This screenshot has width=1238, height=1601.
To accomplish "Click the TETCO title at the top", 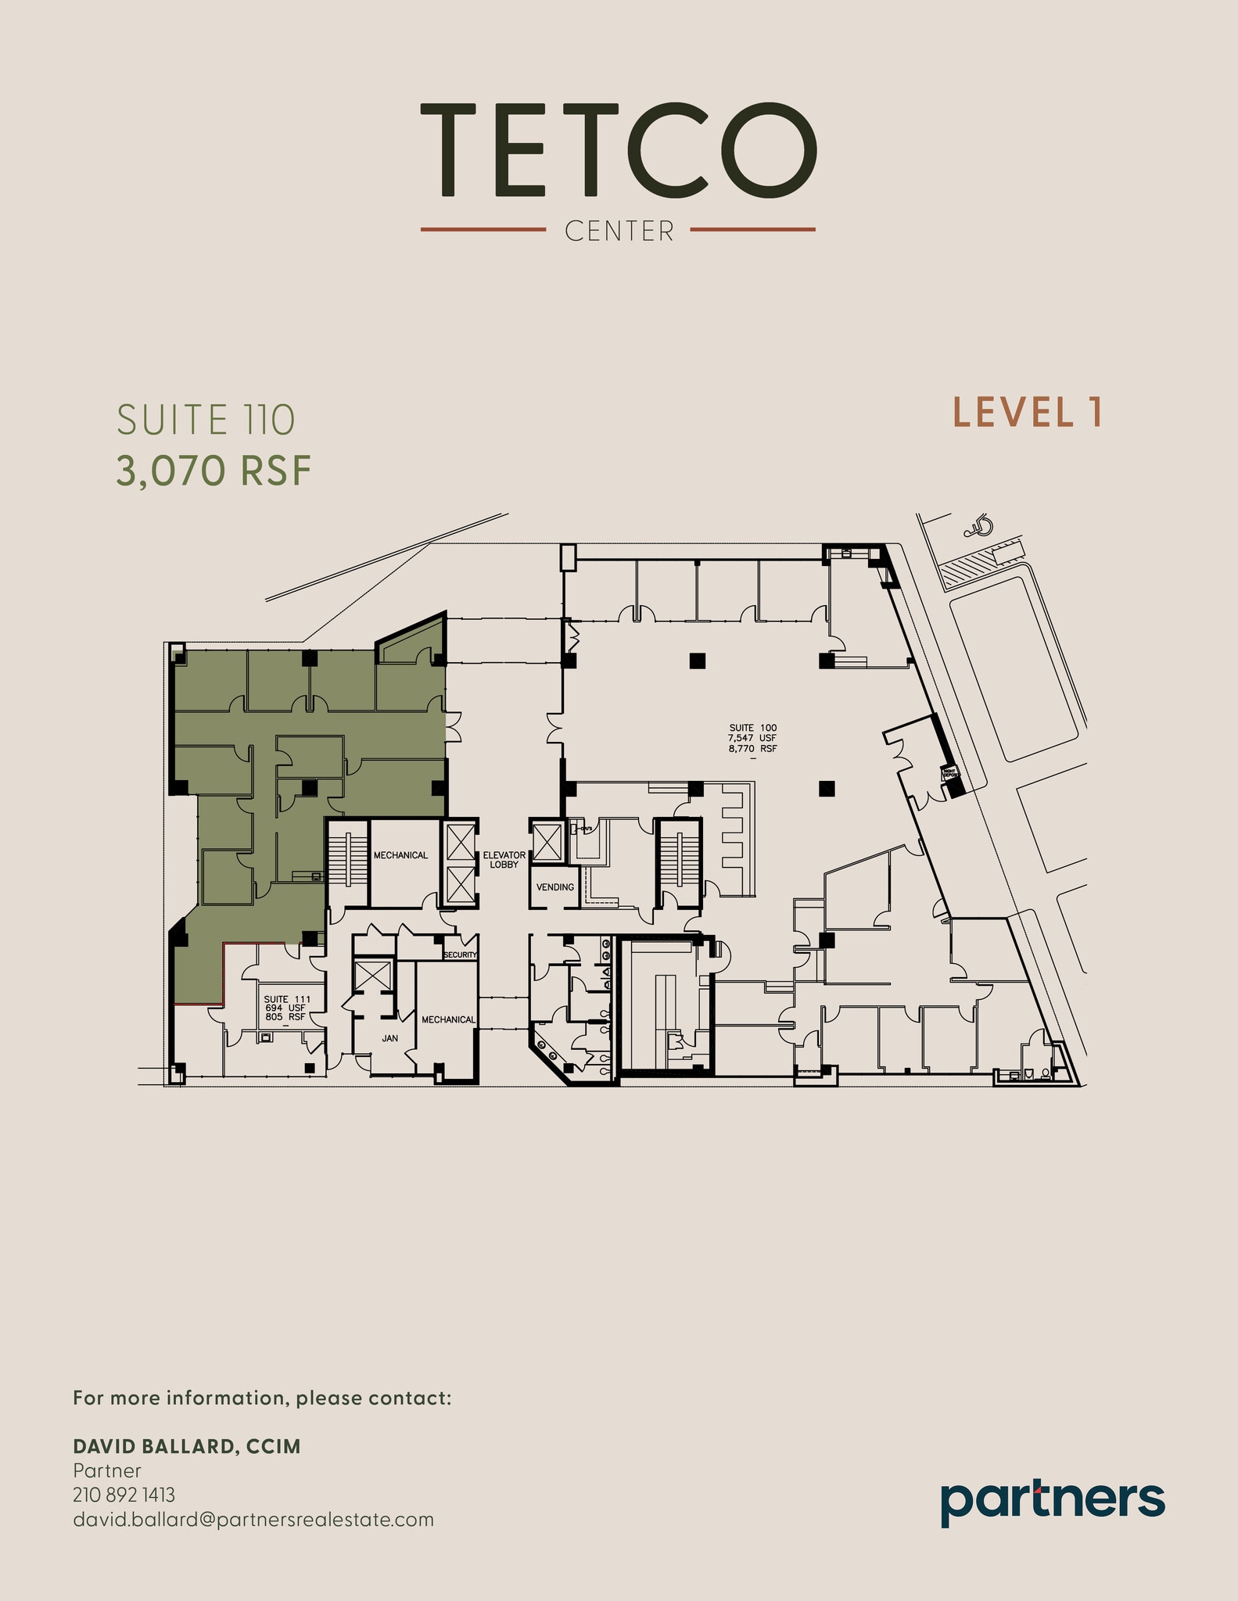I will click(x=618, y=149).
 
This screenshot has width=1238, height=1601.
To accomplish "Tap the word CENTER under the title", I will click(x=619, y=231).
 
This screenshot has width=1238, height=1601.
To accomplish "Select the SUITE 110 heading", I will click(x=206, y=421).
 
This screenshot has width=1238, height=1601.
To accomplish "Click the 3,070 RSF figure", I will click(x=214, y=471).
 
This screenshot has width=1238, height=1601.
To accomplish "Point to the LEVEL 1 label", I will click(x=1027, y=413).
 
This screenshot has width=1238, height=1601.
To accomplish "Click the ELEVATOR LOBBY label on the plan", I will click(x=504, y=860).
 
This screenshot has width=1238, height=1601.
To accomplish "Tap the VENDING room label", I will click(x=555, y=887).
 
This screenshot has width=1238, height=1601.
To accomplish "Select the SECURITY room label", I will click(x=460, y=955).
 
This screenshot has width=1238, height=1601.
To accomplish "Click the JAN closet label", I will click(x=389, y=1038).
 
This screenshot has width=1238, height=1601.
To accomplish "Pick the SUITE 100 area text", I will click(x=752, y=738).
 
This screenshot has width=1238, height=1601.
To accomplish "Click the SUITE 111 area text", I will click(x=286, y=1008).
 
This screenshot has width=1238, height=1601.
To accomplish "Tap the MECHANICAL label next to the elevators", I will click(x=400, y=855).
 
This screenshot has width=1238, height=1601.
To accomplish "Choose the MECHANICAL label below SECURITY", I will click(x=448, y=1019).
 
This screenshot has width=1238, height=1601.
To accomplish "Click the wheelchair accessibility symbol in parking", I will click(x=978, y=528).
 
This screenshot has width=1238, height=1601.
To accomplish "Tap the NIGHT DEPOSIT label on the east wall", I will click(x=949, y=773).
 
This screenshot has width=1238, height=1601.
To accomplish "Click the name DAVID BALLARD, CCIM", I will click(x=186, y=1446).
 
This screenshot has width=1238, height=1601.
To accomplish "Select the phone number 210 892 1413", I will click(x=124, y=1495).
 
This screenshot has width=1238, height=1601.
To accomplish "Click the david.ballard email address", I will click(x=253, y=1520).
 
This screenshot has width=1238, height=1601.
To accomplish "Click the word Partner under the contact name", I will click(x=106, y=1470).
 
